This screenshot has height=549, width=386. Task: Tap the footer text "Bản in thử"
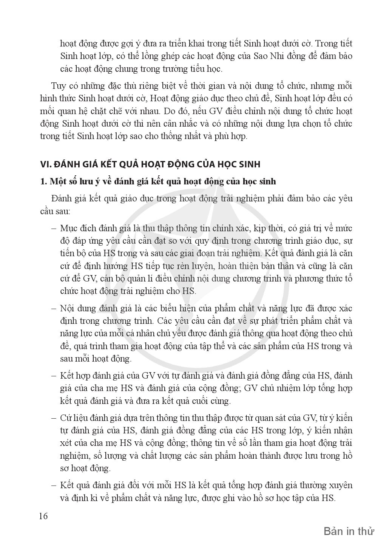[x=349, y=532]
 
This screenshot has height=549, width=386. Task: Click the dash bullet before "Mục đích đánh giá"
[x=53, y=229]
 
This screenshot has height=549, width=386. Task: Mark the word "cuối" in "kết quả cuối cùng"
[x=201, y=401]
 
